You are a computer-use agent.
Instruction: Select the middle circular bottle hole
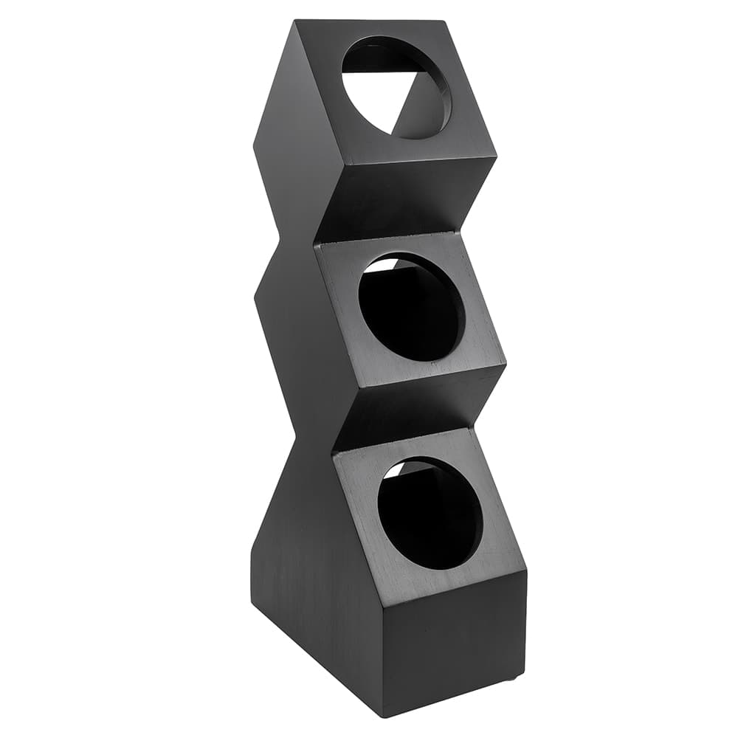point(412,307)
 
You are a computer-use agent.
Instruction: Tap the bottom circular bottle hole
point(430,513)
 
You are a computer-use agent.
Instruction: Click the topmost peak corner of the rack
point(296,21)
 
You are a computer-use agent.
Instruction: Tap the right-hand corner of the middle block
point(506,364)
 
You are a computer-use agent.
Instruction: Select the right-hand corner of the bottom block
point(526,572)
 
